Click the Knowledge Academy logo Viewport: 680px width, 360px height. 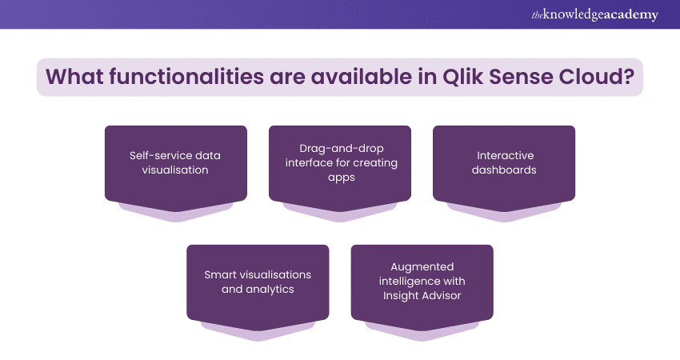click(594, 14)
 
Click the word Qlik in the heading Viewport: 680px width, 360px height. click(462, 77)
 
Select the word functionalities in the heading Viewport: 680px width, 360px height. click(186, 77)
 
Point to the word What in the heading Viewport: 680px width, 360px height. click(74, 77)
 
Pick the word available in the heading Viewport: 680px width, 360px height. click(362, 77)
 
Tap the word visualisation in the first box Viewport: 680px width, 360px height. click(175, 170)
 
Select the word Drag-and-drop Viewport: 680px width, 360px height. click(342, 148)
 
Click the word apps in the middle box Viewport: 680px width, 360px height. click(342, 178)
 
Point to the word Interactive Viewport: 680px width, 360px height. click(506, 155)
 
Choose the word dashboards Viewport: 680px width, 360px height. click(504, 170)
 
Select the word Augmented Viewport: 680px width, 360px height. click(422, 266)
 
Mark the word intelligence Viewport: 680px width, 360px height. click(409, 282)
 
